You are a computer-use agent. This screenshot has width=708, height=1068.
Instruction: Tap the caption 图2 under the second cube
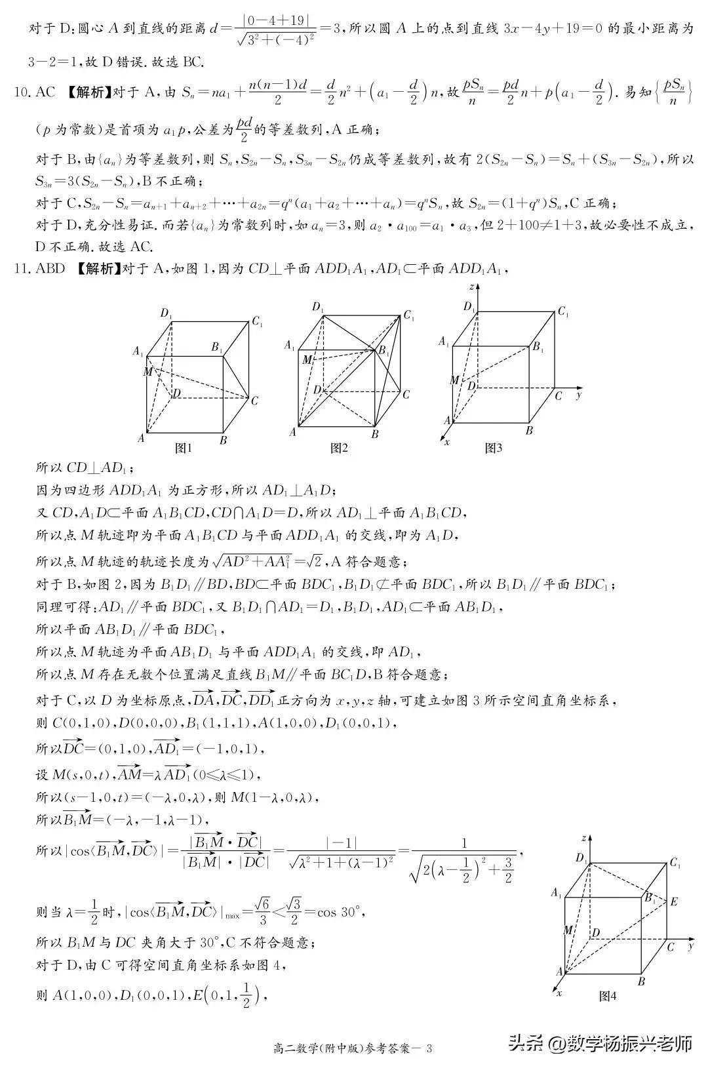tap(338, 448)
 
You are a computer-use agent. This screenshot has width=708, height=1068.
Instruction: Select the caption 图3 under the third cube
tap(493, 448)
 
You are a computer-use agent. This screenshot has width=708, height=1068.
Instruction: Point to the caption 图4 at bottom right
tap(608, 996)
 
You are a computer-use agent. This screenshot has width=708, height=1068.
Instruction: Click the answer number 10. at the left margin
tap(22, 92)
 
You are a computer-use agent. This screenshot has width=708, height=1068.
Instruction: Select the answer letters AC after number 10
tap(45, 92)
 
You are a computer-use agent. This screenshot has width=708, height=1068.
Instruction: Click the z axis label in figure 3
tap(471, 287)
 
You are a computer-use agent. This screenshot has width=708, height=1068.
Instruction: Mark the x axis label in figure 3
tap(447, 442)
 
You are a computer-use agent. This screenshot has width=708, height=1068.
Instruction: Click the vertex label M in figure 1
tap(147, 372)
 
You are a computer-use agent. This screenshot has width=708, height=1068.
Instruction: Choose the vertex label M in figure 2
tap(307, 359)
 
